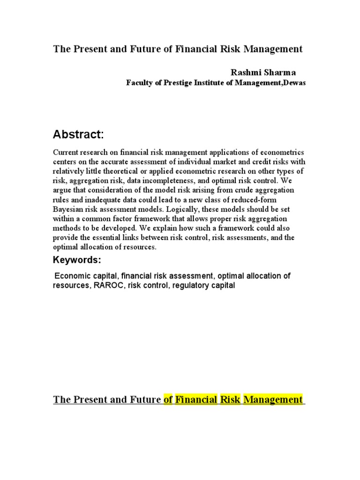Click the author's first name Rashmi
243,72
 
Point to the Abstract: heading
78,135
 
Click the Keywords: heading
77,260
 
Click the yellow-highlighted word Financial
196,399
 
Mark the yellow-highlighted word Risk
231,399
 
